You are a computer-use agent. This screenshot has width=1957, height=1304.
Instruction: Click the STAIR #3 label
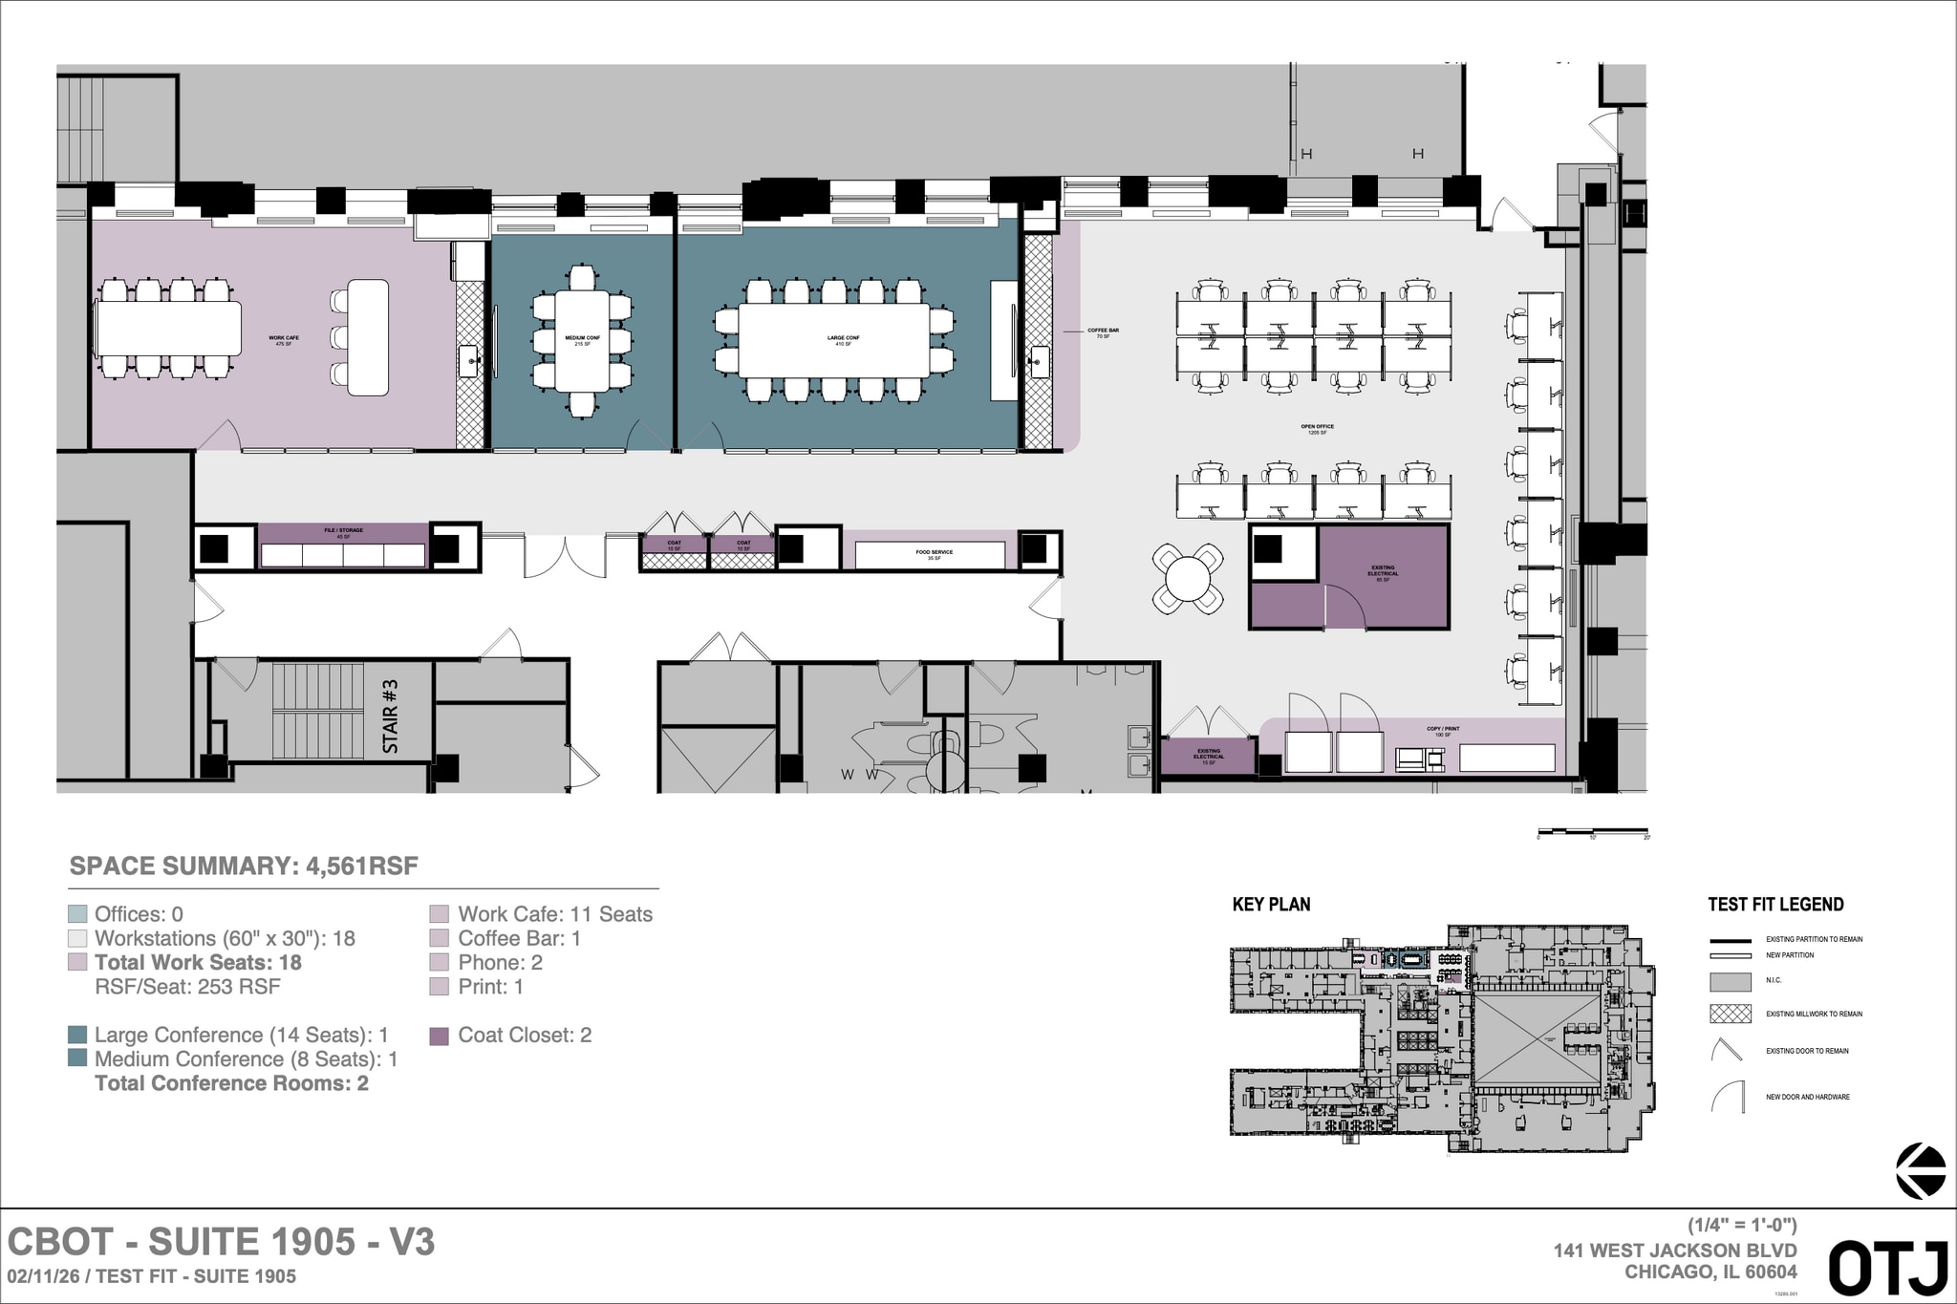click(390, 716)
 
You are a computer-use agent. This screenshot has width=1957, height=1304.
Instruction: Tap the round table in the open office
click(1188, 577)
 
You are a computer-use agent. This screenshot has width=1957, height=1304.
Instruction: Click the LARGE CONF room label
click(843, 340)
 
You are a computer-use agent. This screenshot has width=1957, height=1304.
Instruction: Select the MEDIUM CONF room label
click(582, 340)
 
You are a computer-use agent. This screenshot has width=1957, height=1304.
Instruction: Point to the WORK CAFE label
click(284, 340)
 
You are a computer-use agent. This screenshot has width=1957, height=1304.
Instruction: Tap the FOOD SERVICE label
click(934, 554)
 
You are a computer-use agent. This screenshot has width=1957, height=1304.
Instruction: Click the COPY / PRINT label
click(1443, 731)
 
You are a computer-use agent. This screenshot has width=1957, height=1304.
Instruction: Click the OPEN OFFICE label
click(1317, 429)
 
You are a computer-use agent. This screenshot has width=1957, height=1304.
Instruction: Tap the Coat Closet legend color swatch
click(439, 1036)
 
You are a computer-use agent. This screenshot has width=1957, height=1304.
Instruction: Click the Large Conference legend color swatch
click(77, 1036)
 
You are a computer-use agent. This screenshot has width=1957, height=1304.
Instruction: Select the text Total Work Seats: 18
click(198, 963)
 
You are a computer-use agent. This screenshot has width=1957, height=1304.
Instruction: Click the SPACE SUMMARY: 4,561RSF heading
click(244, 866)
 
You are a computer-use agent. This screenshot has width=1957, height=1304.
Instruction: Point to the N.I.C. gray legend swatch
click(1730, 981)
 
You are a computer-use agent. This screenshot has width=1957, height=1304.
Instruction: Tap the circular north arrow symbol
click(1920, 1170)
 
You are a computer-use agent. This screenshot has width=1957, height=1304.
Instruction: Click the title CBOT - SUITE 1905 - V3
click(221, 1242)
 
